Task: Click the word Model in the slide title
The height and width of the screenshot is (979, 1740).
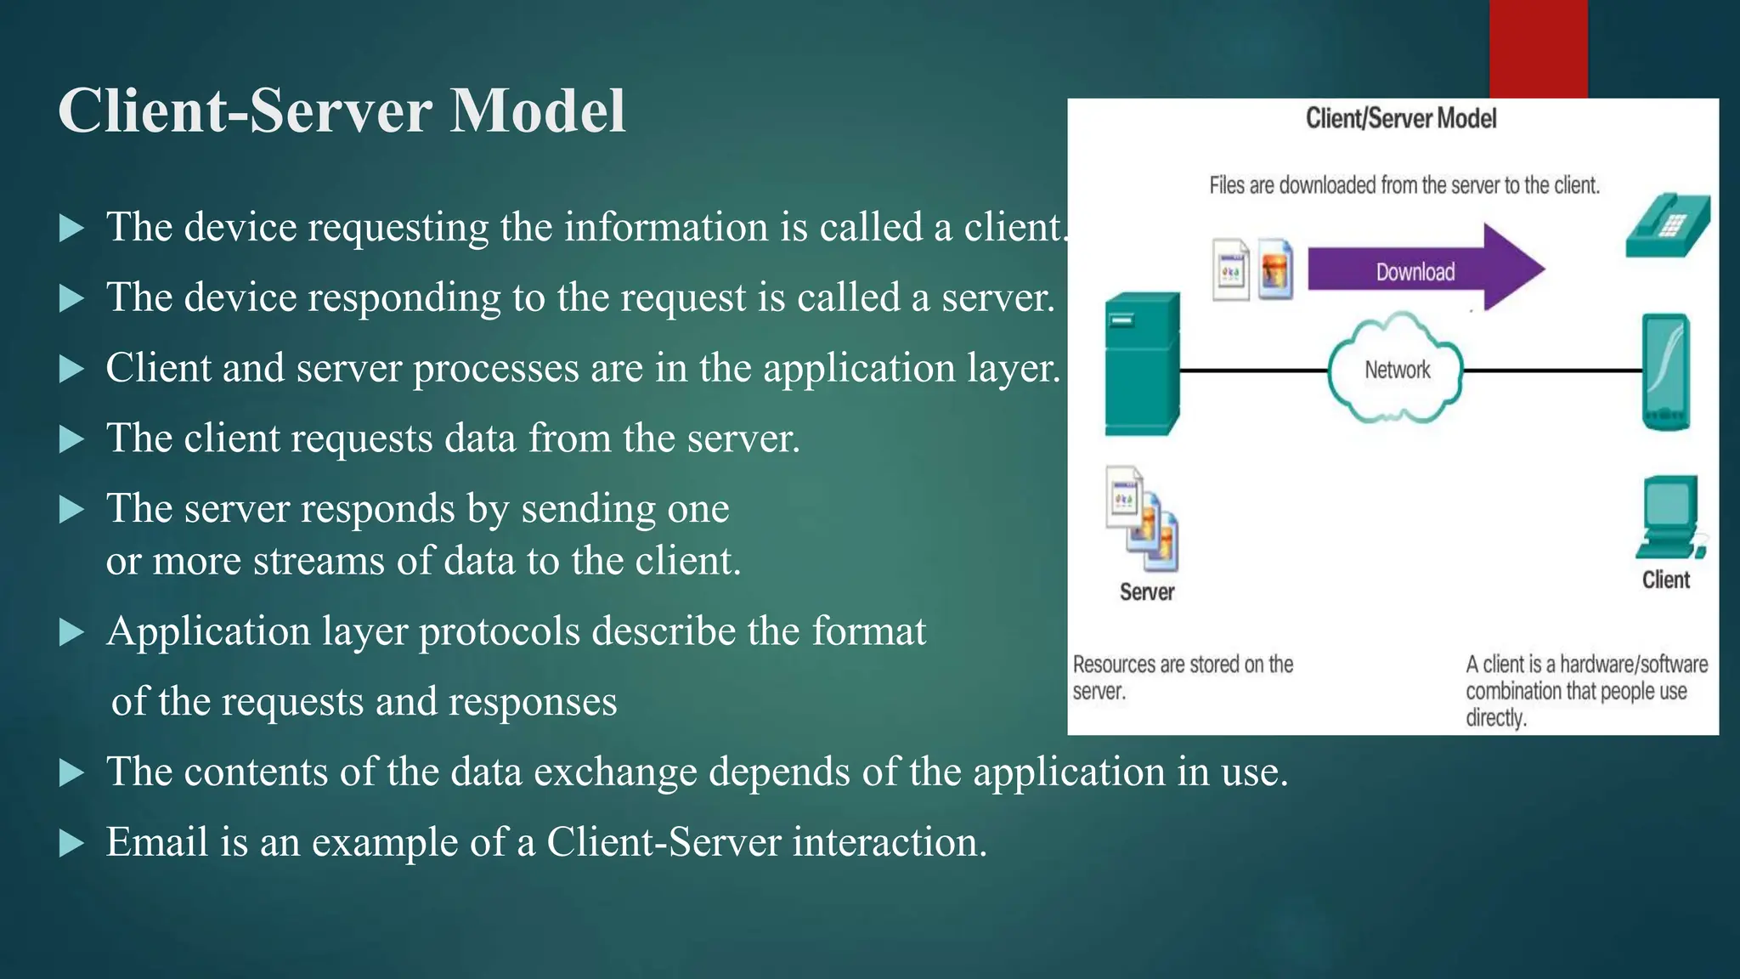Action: click(x=537, y=111)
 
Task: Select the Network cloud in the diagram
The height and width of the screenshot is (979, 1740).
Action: click(x=1396, y=371)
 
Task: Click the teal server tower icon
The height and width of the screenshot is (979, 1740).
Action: click(x=1142, y=364)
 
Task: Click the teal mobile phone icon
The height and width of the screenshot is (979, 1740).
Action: click(x=1665, y=372)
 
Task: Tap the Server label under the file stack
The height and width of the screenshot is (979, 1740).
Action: click(x=1146, y=592)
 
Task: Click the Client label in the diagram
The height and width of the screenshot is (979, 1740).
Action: click(x=1665, y=580)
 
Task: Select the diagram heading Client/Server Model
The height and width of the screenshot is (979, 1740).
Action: click(x=1400, y=119)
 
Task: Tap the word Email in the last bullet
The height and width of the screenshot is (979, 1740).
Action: click(x=156, y=842)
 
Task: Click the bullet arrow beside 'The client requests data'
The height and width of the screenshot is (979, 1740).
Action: click(x=72, y=439)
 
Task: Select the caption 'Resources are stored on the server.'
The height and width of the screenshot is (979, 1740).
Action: click(x=1182, y=676)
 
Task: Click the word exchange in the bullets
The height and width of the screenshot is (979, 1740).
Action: click(x=615, y=772)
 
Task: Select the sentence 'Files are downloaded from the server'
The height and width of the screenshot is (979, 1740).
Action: click(x=1404, y=185)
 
